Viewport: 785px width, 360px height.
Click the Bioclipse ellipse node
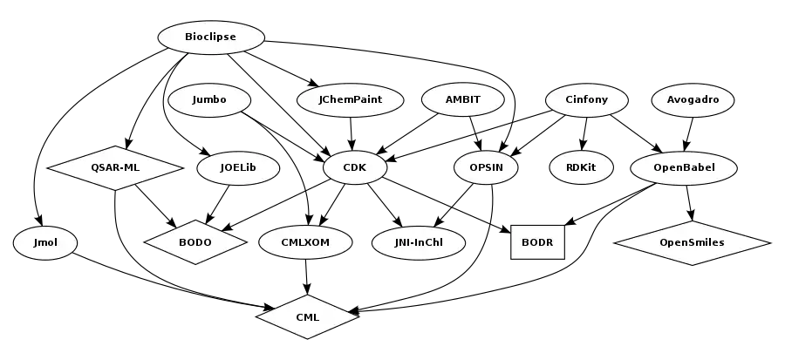(x=210, y=37)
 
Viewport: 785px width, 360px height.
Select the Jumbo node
(x=209, y=99)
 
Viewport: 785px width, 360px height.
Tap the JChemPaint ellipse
(x=351, y=99)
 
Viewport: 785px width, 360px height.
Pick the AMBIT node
(x=462, y=99)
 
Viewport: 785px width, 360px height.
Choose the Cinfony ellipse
(x=587, y=99)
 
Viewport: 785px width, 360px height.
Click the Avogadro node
(x=693, y=99)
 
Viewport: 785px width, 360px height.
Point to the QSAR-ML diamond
(x=115, y=167)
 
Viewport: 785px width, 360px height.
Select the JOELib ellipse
(x=238, y=167)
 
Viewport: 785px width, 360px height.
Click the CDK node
(x=354, y=167)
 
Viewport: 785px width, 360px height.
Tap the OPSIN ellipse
(x=486, y=167)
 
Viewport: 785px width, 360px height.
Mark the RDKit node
(x=581, y=167)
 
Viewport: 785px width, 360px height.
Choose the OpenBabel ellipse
(x=684, y=167)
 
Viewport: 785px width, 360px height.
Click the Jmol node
(x=44, y=242)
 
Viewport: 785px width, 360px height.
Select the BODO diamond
(x=195, y=242)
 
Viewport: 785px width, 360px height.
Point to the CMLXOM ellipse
(x=305, y=242)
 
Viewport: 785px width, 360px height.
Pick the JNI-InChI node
(x=418, y=242)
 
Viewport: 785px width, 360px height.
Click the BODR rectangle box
(x=537, y=242)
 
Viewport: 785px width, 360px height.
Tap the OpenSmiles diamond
(x=692, y=242)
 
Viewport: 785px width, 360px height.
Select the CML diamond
(x=307, y=317)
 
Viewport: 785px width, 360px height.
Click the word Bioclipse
(x=210, y=37)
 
